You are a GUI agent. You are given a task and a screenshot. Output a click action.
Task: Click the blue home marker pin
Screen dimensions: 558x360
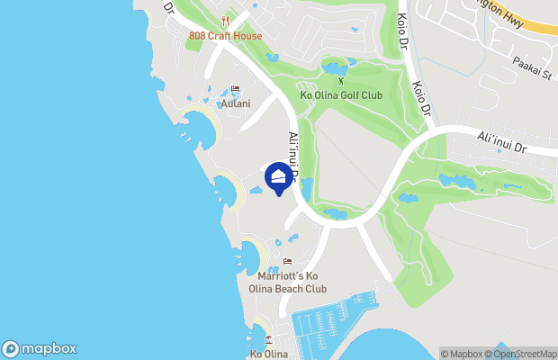[x=279, y=175]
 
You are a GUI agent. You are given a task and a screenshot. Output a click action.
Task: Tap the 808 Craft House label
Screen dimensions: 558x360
[x=225, y=36]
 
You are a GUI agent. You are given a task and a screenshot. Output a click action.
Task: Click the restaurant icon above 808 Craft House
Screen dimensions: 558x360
[x=225, y=21]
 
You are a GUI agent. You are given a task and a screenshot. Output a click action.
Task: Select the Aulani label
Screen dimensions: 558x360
[x=235, y=103]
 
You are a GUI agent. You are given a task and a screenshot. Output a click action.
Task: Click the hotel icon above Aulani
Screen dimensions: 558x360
[x=235, y=89]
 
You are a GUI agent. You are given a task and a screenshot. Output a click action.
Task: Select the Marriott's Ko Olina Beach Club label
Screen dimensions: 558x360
[x=287, y=282]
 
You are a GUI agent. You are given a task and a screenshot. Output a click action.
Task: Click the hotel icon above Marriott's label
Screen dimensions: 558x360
[x=287, y=262]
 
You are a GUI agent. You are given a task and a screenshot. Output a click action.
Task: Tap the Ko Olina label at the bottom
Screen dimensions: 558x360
[x=268, y=354]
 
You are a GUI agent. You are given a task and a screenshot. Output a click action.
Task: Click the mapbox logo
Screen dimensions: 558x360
[x=39, y=349]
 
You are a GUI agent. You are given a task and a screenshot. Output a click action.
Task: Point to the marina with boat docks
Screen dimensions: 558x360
[x=326, y=324]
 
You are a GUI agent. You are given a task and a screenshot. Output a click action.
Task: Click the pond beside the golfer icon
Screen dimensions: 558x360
[x=334, y=68]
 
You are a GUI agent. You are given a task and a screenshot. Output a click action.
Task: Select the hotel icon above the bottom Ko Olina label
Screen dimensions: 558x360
[x=268, y=339]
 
